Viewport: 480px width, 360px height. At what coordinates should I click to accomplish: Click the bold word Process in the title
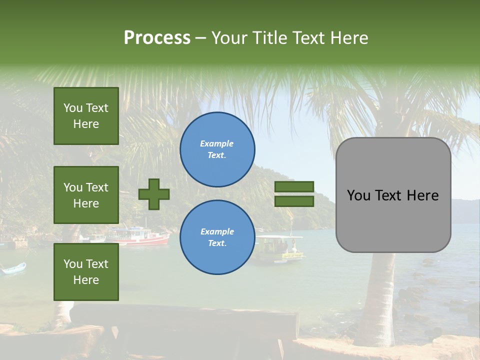pos(157,38)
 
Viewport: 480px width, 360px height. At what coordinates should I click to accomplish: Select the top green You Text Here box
pos(86,116)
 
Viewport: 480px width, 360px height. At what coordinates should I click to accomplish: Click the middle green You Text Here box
pos(86,195)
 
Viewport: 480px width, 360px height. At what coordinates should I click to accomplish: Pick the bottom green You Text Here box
pos(86,271)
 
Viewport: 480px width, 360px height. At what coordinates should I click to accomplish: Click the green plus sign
pos(154,194)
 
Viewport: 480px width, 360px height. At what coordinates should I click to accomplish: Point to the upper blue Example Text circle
pos(217,149)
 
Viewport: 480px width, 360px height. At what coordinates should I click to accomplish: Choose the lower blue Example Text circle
pos(217,237)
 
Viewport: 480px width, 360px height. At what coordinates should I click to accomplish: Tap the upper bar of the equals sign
pos(294,187)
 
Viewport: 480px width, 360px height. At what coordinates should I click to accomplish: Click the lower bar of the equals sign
pos(294,201)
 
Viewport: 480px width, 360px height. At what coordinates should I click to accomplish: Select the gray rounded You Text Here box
pos(393,195)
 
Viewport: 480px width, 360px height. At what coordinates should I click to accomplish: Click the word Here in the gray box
pos(423,195)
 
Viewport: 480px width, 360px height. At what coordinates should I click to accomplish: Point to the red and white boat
pos(140,237)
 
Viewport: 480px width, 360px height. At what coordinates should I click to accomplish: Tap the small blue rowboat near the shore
pos(13,268)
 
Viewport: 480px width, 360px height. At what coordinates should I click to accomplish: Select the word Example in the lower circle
pos(217,231)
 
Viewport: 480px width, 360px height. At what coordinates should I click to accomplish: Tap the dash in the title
pos(201,38)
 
